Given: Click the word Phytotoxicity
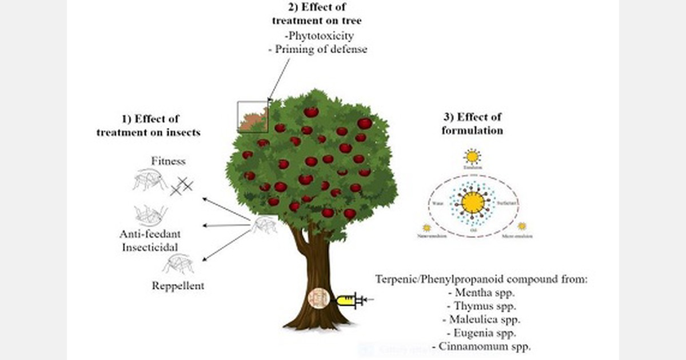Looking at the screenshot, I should pos(318,36).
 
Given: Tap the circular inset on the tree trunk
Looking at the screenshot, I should pos(318,299).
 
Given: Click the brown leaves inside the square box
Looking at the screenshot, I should pos(252,120).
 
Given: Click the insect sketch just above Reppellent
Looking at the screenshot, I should pos(178,263).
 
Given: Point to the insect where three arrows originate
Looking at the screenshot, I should pos(264,224).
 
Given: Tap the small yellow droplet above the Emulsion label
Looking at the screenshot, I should pos(472,155).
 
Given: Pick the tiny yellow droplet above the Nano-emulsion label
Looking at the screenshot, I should pos(426,227).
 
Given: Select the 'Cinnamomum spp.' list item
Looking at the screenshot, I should pos(481,346).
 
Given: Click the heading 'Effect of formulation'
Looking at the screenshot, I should pos(472,123).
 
